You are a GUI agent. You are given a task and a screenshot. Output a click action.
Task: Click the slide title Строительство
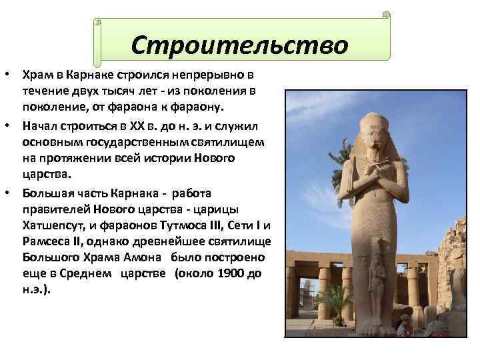(x=239, y=45)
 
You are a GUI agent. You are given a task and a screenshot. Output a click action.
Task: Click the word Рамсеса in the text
(x=47, y=241)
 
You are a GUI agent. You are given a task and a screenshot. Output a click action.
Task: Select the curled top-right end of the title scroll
(x=386, y=15)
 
